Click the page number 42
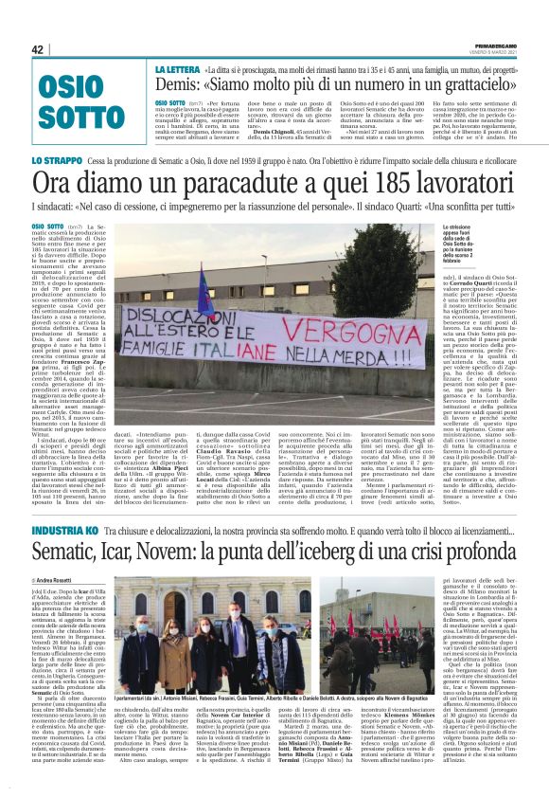[x=38, y=49]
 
